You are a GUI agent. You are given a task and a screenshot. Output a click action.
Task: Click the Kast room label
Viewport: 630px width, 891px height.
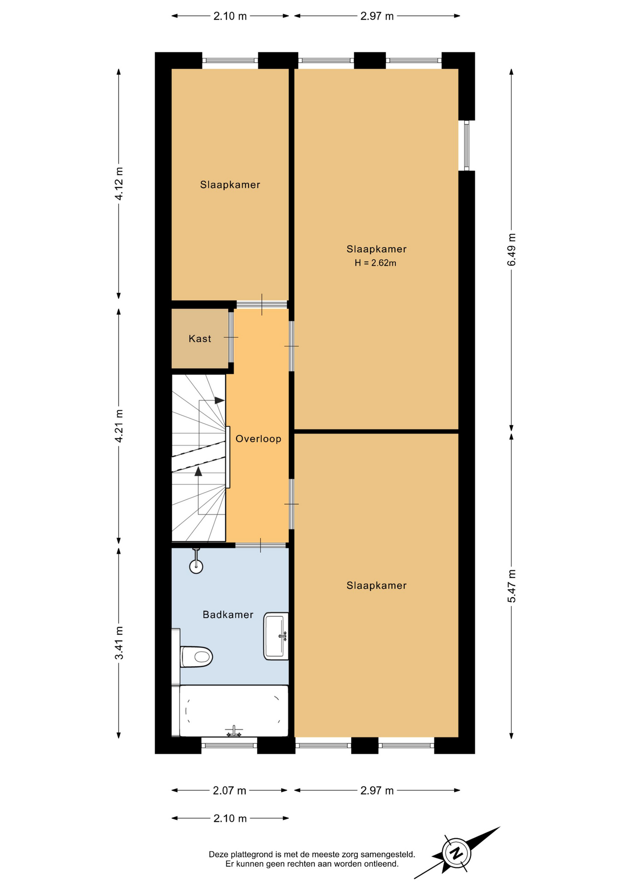click(x=199, y=339)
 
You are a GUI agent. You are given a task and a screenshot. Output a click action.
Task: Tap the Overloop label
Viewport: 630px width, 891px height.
click(x=258, y=439)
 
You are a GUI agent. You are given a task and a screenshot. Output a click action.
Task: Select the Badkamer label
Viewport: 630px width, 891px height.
click(x=228, y=615)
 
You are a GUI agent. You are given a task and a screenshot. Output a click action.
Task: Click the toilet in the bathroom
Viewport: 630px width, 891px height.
click(x=196, y=657)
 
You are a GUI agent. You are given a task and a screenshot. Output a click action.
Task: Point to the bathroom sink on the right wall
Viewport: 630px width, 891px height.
click(x=276, y=636)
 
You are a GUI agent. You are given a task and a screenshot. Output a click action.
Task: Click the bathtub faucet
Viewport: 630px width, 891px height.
click(x=234, y=731)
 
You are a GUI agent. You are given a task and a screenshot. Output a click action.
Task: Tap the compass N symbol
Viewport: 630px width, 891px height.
click(x=456, y=853)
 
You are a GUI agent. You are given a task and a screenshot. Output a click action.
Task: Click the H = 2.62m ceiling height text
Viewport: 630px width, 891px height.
click(x=375, y=263)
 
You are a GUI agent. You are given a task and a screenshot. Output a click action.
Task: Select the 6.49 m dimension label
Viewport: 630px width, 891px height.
click(x=511, y=250)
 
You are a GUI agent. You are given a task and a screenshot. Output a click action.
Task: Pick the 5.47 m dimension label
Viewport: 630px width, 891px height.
click(x=511, y=586)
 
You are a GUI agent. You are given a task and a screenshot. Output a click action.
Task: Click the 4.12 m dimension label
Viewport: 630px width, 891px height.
click(x=119, y=183)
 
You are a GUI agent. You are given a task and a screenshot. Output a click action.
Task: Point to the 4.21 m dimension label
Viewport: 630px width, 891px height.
click(x=119, y=426)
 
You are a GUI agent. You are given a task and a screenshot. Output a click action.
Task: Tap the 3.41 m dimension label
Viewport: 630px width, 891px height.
click(x=119, y=643)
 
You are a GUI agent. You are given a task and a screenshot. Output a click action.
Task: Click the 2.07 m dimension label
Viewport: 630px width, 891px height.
click(x=229, y=791)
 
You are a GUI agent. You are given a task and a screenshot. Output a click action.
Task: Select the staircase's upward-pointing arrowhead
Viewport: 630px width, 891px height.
click(x=199, y=471)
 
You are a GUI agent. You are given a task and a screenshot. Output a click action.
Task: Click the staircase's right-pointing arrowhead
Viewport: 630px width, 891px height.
click(x=219, y=400)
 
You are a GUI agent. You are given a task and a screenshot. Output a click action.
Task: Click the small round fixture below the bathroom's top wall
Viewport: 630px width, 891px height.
click(x=196, y=566)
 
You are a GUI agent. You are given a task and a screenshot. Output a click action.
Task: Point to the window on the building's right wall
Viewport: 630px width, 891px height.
click(x=467, y=146)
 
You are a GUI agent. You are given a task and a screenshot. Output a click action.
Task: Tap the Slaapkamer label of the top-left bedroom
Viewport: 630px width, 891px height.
click(x=230, y=185)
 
